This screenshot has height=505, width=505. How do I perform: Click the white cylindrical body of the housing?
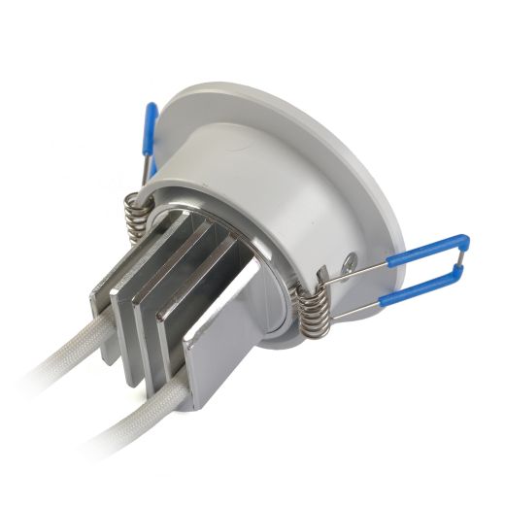tap(282, 194)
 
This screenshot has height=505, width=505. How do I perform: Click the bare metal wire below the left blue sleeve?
tap(144, 173)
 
